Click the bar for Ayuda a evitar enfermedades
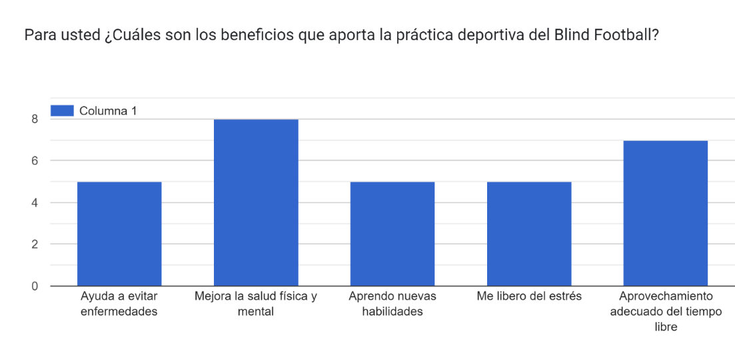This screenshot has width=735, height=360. (119, 233)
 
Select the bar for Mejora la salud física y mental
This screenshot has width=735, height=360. (256, 203)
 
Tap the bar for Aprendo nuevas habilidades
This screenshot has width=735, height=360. (392, 233)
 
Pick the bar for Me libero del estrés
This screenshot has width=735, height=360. (529, 233)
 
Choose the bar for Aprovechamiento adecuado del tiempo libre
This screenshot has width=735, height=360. (665, 213)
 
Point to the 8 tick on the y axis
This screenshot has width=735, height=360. (33, 119)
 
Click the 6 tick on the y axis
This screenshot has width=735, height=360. (33, 161)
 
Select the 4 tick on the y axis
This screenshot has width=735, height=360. (33, 203)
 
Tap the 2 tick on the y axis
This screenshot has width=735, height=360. (33, 244)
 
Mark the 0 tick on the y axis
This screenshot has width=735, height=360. (33, 286)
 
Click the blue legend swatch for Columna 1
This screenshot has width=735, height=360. (62, 111)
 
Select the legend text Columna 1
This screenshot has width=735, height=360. (108, 111)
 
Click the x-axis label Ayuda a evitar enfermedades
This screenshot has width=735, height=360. (119, 303)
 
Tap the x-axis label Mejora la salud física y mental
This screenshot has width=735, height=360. (256, 303)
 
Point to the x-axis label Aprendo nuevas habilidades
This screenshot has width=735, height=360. (392, 303)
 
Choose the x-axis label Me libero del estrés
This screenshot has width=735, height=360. (529, 296)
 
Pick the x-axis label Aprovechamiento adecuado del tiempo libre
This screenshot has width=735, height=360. (665, 311)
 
